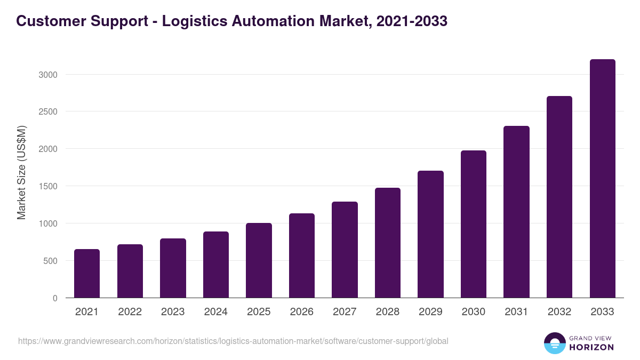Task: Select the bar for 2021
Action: (87, 273)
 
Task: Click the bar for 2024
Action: (215, 265)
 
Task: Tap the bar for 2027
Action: (345, 250)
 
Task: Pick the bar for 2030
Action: (474, 224)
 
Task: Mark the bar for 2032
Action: (559, 197)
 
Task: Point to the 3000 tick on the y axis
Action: (47, 75)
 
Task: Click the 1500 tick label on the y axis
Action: (47, 186)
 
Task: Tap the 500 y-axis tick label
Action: (50, 261)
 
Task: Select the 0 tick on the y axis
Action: (55, 298)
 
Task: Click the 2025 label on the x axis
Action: (259, 312)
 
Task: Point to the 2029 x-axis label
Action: (430, 312)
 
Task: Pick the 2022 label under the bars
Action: (130, 312)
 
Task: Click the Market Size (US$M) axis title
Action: (21, 172)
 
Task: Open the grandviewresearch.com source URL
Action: (233, 341)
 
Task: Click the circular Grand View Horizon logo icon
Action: (554, 343)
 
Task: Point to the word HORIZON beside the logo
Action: (591, 347)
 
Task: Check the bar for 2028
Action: (388, 243)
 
